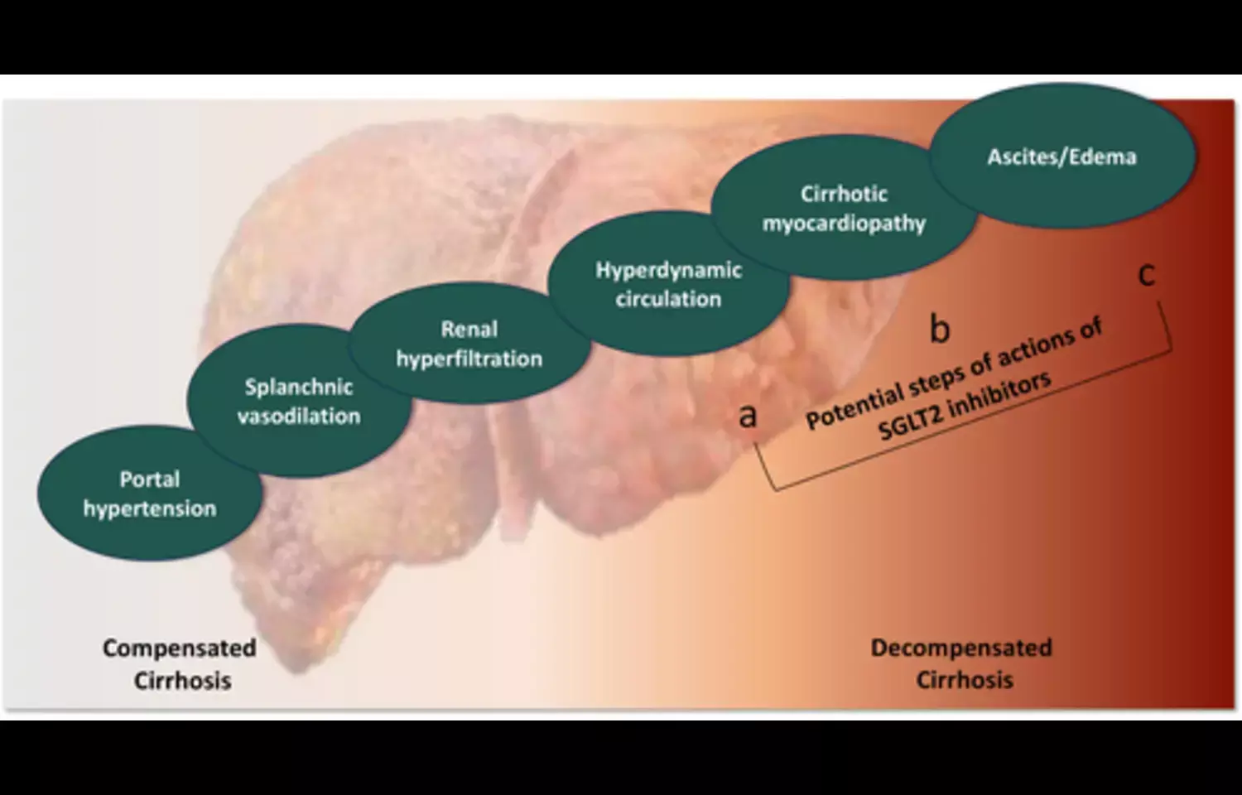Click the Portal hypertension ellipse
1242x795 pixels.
[x=150, y=494]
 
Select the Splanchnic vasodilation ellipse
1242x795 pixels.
[x=299, y=401]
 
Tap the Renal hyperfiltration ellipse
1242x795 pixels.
[x=469, y=344]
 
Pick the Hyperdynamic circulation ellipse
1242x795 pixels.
[x=668, y=284]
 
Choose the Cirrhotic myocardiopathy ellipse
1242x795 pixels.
[x=844, y=208]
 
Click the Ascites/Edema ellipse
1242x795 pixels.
[x=1061, y=157]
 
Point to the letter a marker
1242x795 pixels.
[x=748, y=415]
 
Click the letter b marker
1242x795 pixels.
[x=939, y=329]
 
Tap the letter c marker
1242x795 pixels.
[x=1146, y=274]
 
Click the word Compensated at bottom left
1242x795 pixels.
[x=179, y=648]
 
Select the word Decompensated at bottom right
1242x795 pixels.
[x=961, y=648]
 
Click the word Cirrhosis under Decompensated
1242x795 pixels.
[x=965, y=680]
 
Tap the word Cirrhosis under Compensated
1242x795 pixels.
[x=183, y=681]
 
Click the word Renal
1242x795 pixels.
[x=469, y=330]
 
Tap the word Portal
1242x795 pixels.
[x=150, y=479]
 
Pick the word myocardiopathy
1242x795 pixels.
[x=844, y=224]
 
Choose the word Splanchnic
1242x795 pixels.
[x=299, y=387]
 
